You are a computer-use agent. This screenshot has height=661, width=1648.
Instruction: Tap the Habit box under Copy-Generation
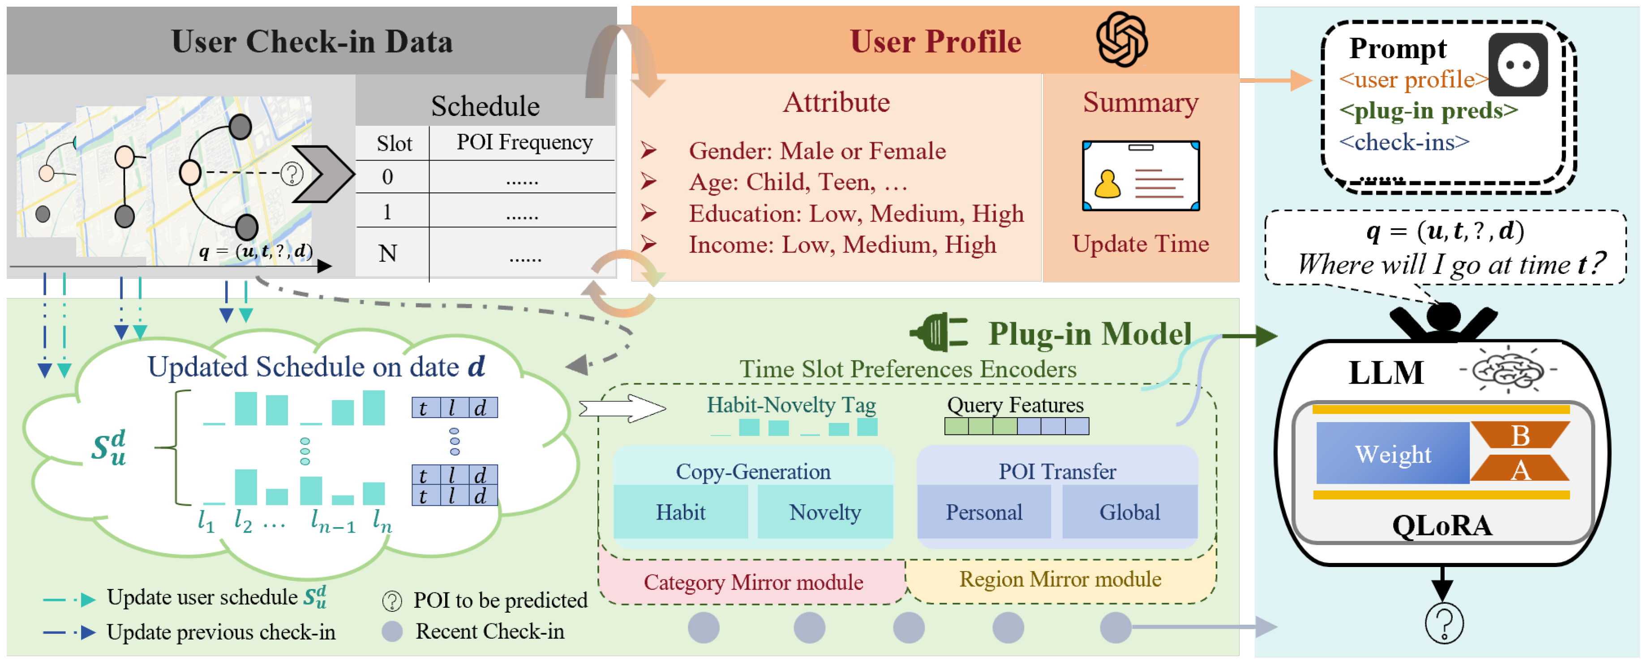point(680,512)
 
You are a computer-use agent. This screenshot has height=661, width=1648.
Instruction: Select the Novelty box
point(824,512)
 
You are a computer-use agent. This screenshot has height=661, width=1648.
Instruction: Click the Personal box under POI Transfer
point(983,512)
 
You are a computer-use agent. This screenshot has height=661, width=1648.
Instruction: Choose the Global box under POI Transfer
point(1129,512)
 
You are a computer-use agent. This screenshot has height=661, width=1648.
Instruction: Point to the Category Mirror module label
point(753,582)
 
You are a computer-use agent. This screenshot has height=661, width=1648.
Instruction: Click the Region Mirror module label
point(1060,579)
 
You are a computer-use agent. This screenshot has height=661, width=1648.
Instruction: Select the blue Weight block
point(1392,454)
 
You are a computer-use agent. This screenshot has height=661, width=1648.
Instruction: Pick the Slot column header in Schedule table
point(394,143)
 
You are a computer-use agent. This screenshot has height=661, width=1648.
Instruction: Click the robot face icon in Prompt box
point(1518,64)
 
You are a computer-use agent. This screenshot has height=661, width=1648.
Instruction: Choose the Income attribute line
point(841,245)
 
